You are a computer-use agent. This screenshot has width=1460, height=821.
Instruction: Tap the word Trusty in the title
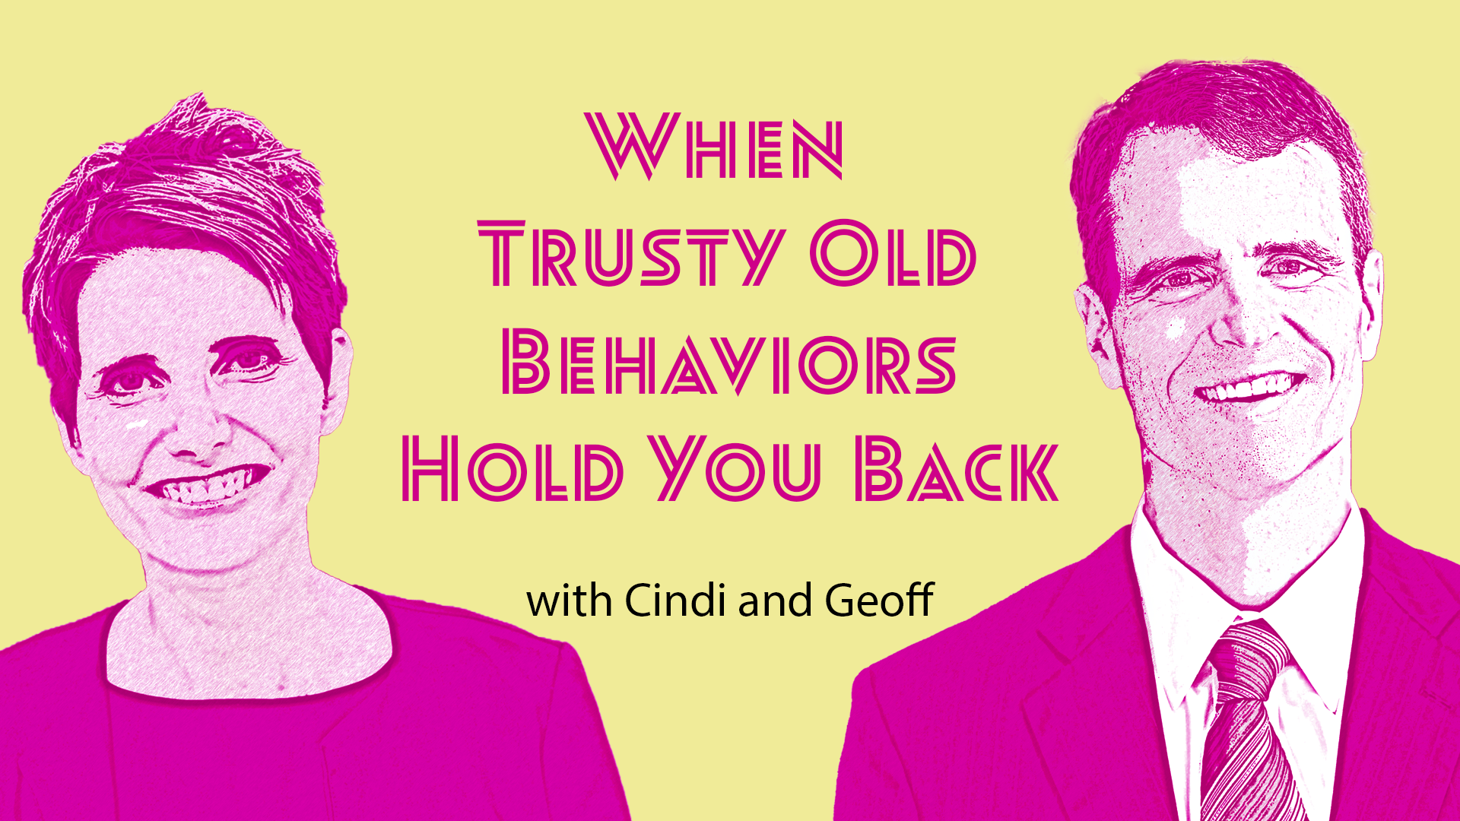click(x=630, y=254)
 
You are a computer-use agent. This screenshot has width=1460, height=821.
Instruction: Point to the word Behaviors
click(x=728, y=363)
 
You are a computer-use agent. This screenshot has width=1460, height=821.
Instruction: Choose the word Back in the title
click(x=957, y=469)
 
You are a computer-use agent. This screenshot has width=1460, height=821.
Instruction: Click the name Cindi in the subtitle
click(x=675, y=601)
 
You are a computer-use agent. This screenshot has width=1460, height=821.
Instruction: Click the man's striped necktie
click(x=1247, y=722)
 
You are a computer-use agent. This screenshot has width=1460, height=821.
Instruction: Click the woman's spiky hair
click(x=182, y=190)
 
